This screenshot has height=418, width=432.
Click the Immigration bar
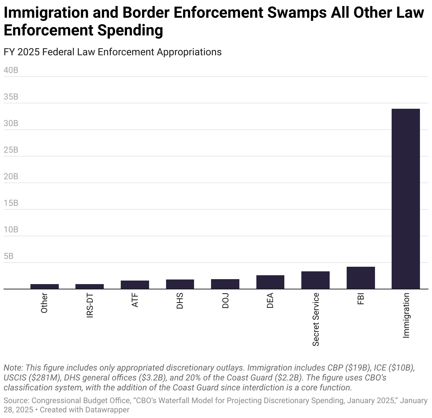(x=405, y=199)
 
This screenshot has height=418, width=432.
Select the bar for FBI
(x=360, y=278)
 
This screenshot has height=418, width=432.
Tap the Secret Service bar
(x=315, y=280)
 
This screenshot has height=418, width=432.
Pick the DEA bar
(x=270, y=282)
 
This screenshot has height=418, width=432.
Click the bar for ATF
(x=135, y=284)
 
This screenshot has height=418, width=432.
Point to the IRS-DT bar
(x=90, y=286)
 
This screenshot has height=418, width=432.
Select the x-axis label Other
(x=44, y=303)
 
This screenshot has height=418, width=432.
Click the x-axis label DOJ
(x=225, y=301)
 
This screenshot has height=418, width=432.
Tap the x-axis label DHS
(x=180, y=301)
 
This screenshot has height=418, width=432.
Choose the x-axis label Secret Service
(x=316, y=319)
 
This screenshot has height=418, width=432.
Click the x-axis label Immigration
(x=406, y=315)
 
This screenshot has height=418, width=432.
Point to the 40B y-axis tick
(x=11, y=70)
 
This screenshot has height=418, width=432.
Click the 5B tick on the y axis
(x=8, y=256)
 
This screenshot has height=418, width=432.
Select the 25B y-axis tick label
(x=11, y=150)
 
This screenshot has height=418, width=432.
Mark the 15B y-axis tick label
(x=11, y=203)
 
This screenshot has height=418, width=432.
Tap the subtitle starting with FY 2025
(x=113, y=52)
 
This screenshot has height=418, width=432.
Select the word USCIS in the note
(x=14, y=378)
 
